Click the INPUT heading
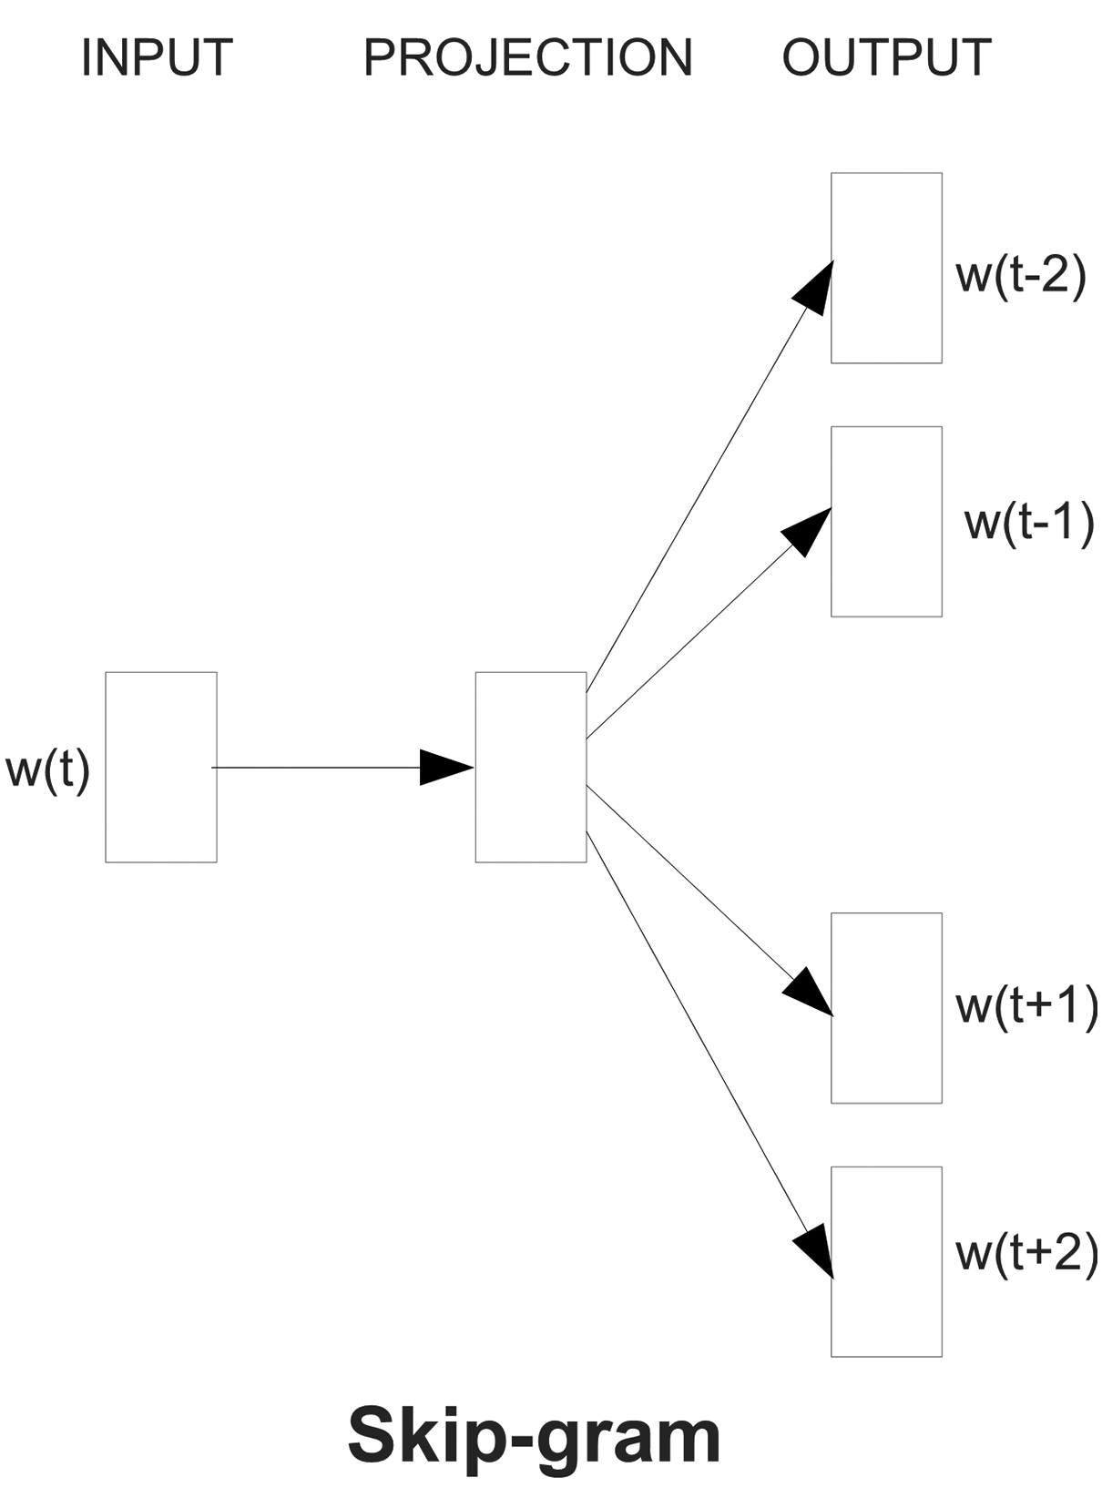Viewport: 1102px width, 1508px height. point(157,58)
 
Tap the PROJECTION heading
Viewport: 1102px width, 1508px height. point(527,58)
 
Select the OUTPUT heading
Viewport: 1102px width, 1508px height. point(886,58)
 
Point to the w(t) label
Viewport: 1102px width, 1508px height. point(47,769)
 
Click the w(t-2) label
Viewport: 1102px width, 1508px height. point(1021,276)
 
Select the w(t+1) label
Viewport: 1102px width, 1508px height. point(1026,1007)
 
